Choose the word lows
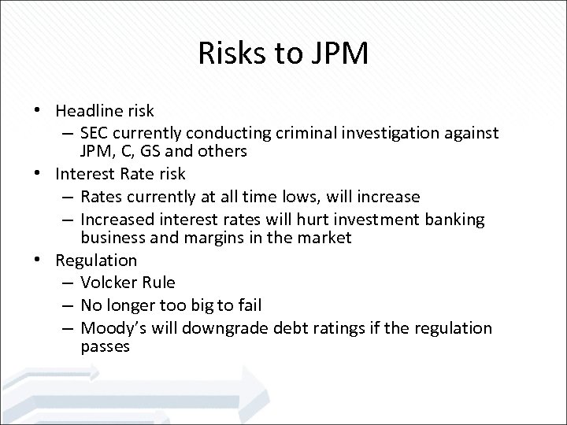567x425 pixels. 315,195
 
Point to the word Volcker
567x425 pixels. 108,282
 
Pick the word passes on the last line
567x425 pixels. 105,346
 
